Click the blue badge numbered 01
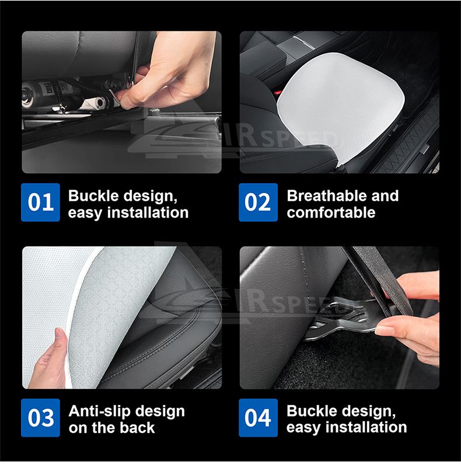tap(40, 202)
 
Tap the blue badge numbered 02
tap(258, 202)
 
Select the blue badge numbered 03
tap(40, 418)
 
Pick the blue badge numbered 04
tap(258, 418)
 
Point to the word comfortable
tap(331, 212)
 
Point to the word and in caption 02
tap(384, 195)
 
